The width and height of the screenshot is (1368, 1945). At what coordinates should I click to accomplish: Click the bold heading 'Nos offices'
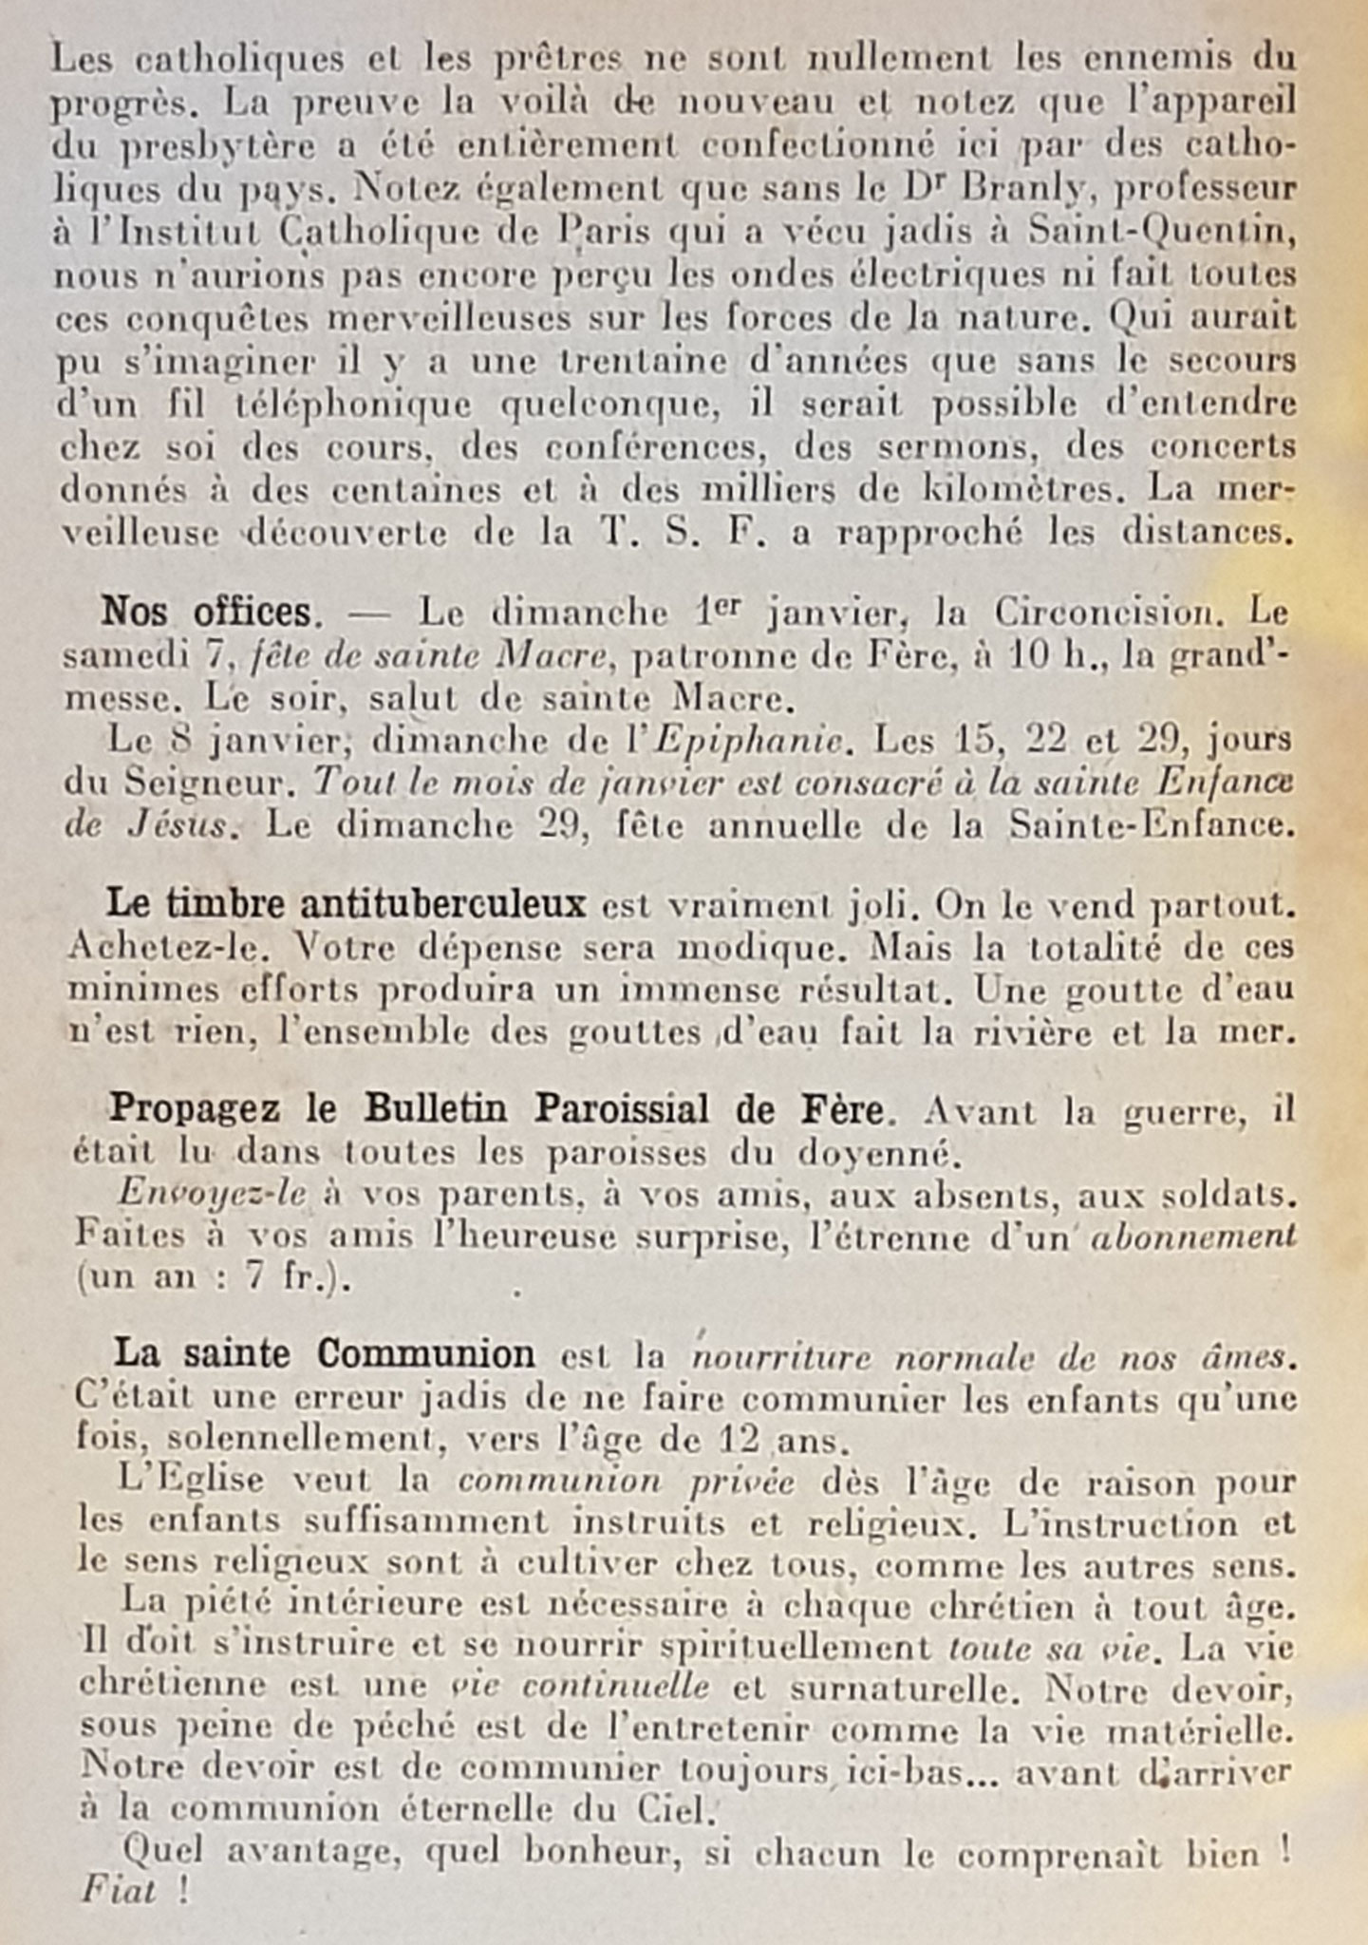click(206, 613)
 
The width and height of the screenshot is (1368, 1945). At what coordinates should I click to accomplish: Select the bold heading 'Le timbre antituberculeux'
click(346, 904)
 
